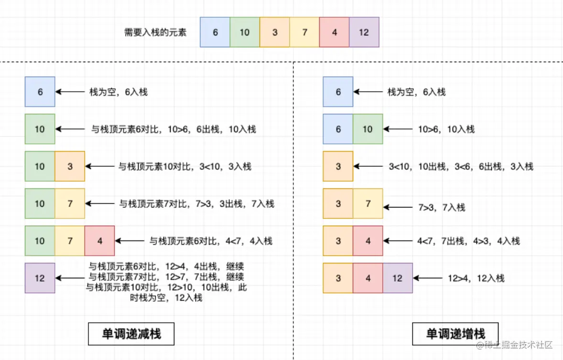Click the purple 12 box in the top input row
click(x=364, y=33)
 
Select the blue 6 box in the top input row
click(x=215, y=33)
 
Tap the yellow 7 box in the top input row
click(x=304, y=33)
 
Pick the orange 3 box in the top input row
click(x=275, y=33)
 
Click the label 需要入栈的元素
click(x=155, y=33)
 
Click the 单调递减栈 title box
click(x=131, y=334)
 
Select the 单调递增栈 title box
click(x=455, y=334)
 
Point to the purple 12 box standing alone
click(x=40, y=278)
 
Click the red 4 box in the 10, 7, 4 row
click(x=100, y=241)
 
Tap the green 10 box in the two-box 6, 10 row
click(x=368, y=129)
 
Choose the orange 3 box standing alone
click(x=338, y=166)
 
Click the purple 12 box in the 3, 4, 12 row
click(x=398, y=278)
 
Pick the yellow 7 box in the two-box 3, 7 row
click(x=368, y=204)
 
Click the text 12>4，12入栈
click(x=476, y=278)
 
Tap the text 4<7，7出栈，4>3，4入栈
click(x=468, y=241)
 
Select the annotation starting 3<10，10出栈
click(x=461, y=166)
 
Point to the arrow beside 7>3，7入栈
click(x=398, y=207)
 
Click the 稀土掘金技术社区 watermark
click(x=514, y=345)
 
